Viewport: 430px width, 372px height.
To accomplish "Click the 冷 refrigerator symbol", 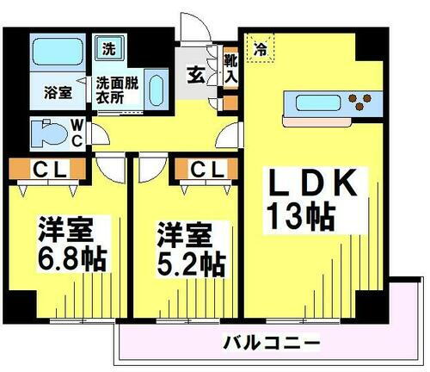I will [259, 49].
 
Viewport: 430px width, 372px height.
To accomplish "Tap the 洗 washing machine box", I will [107, 49].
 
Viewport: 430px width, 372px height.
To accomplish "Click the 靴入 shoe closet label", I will [230, 67].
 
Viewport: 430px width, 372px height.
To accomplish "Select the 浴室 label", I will [55, 90].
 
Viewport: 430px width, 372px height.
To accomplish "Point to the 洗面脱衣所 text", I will [117, 90].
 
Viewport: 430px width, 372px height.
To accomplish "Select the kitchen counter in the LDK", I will [331, 106].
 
